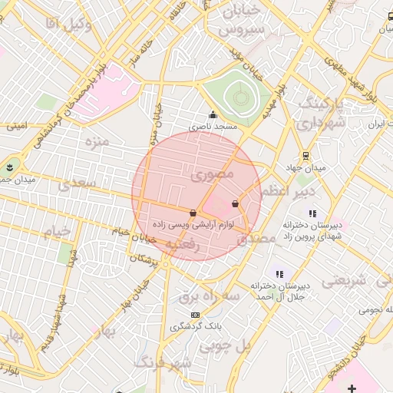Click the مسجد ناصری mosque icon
213,115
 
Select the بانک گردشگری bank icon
195,315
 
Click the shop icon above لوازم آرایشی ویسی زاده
192,213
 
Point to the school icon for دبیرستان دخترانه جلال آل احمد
280,273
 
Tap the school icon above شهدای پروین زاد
312,213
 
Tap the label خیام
56,231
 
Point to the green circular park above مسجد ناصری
241,97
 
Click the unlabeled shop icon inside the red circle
234,204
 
